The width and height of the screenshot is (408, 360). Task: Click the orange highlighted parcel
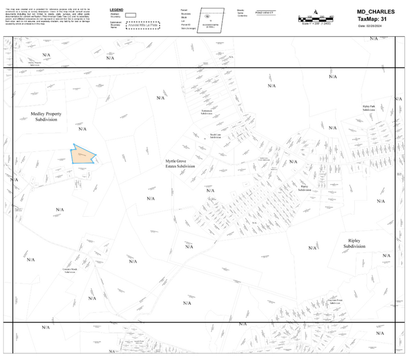[x=83, y=155]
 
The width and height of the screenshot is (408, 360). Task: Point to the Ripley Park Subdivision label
[x=372, y=108]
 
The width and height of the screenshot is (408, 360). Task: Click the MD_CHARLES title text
[x=376, y=12]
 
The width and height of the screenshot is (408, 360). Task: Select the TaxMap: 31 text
[x=376, y=19]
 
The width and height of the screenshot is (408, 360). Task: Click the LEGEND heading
[x=116, y=10]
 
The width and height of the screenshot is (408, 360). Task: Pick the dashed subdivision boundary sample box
[x=143, y=26]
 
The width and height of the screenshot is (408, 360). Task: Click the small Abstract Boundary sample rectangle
[x=130, y=15]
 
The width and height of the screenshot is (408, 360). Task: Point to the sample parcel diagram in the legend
[x=210, y=20]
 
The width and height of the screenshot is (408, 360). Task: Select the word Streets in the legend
[x=241, y=10]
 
